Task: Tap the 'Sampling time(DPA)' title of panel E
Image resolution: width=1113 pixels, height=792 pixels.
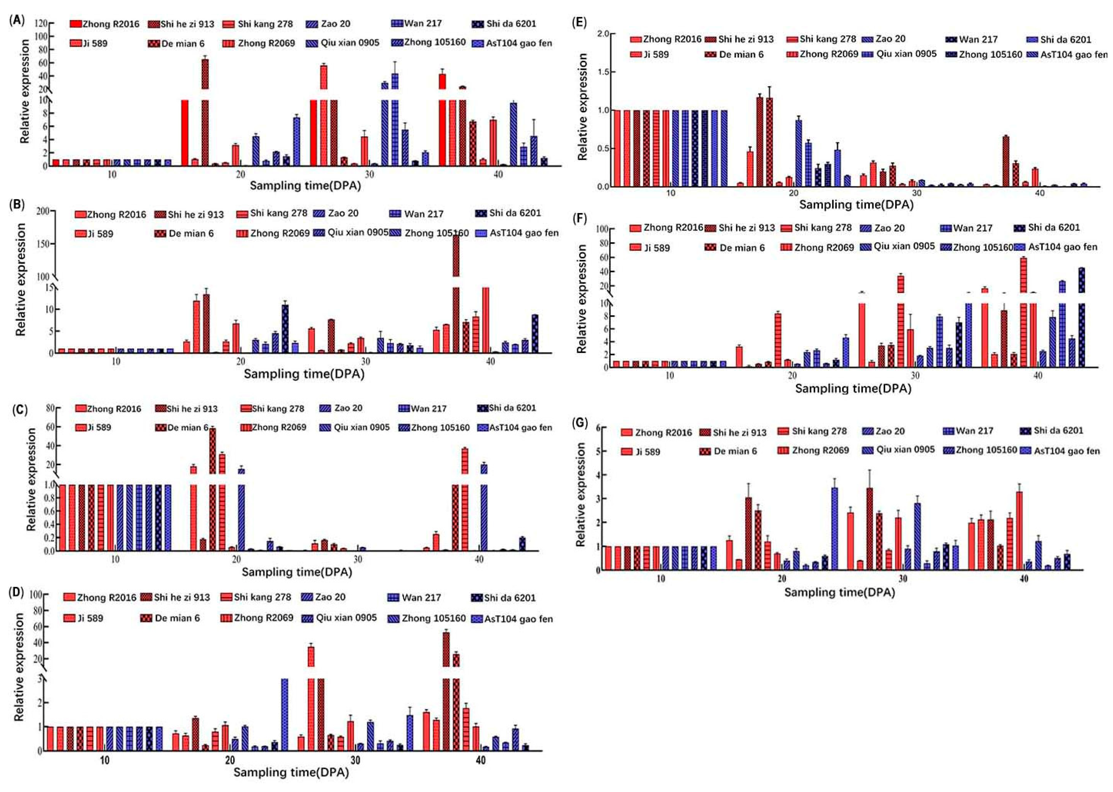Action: coord(856,204)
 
